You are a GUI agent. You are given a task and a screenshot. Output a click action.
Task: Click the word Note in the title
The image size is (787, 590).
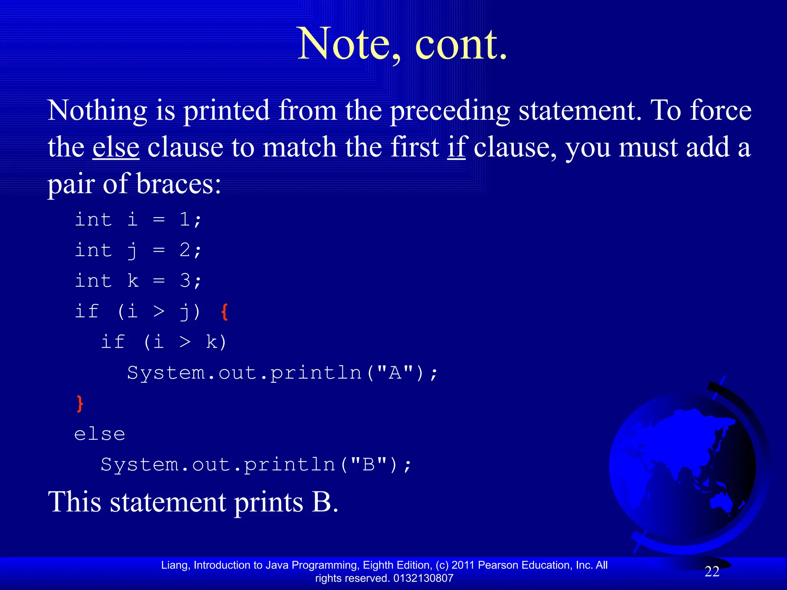pos(343,44)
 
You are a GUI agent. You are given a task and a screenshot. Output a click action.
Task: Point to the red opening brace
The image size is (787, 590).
pos(225,312)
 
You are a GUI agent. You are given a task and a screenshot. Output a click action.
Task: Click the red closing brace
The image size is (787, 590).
pos(80,403)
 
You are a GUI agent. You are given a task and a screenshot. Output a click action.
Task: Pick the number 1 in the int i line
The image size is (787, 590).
pos(185,220)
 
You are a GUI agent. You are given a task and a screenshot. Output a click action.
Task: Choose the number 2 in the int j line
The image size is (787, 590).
pos(185,250)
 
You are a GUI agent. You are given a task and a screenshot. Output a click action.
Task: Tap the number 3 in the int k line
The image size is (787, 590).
pos(185,281)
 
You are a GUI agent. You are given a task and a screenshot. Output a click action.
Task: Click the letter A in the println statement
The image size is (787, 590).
pos(395,373)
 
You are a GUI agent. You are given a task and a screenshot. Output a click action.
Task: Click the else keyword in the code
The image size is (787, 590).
pos(100,434)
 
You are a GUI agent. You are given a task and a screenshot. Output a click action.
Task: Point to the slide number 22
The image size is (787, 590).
pos(712,572)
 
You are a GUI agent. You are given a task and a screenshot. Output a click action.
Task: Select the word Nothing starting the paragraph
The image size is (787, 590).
pos(97,111)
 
